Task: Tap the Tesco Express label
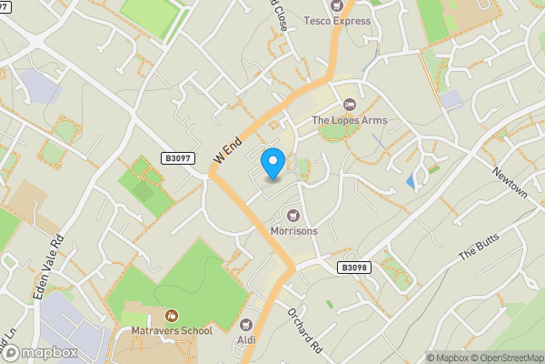pyautogui.click(x=337, y=21)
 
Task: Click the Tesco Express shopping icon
pyautogui.click(x=337, y=5)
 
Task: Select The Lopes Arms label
pyautogui.click(x=350, y=120)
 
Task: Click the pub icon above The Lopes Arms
pyautogui.click(x=350, y=105)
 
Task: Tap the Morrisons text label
pyautogui.click(x=294, y=231)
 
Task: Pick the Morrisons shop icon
pyautogui.click(x=293, y=216)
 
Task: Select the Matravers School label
pyautogui.click(x=172, y=330)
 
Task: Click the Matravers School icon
pyautogui.click(x=171, y=315)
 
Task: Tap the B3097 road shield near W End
pyautogui.click(x=179, y=158)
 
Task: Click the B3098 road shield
pyautogui.click(x=355, y=268)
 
